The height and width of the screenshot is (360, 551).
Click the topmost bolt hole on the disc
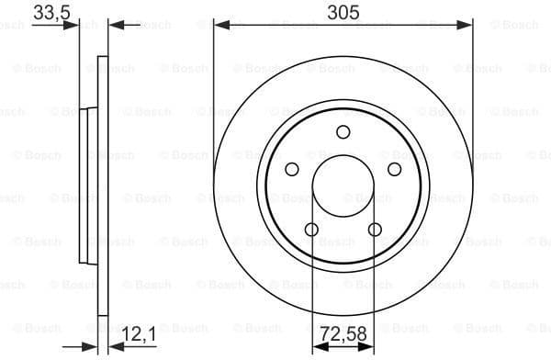coord(343,131)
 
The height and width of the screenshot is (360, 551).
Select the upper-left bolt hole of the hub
coord(292,169)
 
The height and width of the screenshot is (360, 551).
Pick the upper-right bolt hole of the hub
coord(394,169)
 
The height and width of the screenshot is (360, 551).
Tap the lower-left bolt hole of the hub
coord(311,229)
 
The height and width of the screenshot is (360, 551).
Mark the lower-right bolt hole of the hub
coord(375,229)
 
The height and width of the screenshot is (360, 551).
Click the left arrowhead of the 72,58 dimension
coord(317,346)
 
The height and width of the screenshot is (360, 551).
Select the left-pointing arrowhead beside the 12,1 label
coord(115,346)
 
